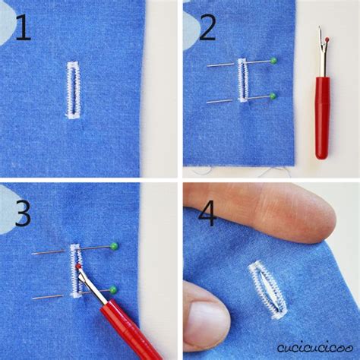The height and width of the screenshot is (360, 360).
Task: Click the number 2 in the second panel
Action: pyautogui.click(x=208, y=28)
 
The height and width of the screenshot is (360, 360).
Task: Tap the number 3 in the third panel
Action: pyautogui.click(x=22, y=213)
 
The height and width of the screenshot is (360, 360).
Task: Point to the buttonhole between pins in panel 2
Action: pyautogui.click(x=243, y=80)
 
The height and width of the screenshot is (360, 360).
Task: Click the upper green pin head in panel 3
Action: pyautogui.click(x=114, y=245)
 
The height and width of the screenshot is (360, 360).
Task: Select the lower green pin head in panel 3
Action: pyautogui.click(x=113, y=289)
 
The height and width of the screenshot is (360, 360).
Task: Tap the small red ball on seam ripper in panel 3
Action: pyautogui.click(x=78, y=267)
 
